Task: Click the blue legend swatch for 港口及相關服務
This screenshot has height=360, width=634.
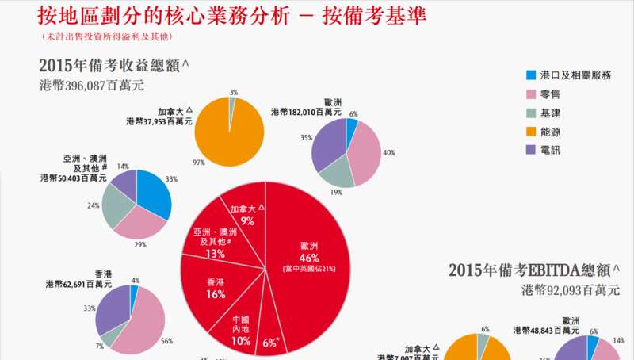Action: pos(531,75)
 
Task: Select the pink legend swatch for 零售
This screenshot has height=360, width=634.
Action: pos(531,94)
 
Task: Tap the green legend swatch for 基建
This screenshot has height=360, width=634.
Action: pos(531,113)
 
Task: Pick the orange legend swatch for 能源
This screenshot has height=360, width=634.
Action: pos(531,131)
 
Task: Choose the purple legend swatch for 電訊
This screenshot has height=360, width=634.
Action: pos(531,149)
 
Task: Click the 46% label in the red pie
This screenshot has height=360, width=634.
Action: pos(309,258)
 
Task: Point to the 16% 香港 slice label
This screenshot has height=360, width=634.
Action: pos(216,294)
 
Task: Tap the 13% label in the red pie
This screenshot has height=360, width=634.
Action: pos(215,254)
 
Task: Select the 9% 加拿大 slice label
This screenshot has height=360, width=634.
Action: pos(247,221)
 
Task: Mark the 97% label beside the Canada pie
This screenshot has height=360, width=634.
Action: pos(198,163)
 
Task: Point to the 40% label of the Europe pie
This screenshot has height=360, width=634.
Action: pos(388,152)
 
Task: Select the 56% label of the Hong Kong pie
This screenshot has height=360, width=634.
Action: pos(166,341)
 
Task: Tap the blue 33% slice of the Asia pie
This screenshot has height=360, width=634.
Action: pos(155,190)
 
